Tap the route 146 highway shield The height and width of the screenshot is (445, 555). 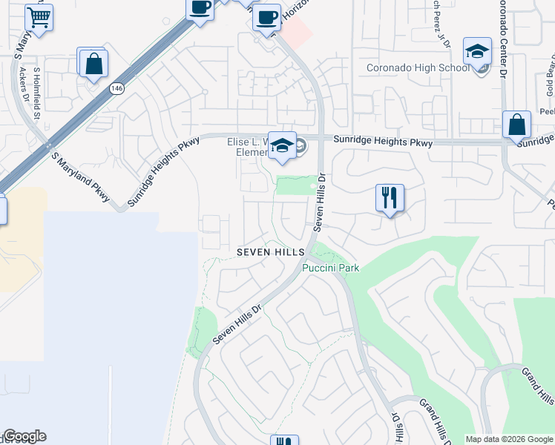tap(116, 88)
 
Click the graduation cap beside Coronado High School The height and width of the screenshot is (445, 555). tap(477, 51)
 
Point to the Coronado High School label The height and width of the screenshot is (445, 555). tap(418, 68)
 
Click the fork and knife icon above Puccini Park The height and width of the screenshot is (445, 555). tap(390, 197)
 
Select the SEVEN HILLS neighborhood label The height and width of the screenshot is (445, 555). tap(271, 253)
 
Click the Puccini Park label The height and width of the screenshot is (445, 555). tap(330, 268)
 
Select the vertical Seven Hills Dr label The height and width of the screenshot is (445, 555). tap(321, 202)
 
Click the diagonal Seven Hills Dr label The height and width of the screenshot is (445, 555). tap(237, 324)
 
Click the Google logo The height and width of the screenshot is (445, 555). tap(24, 436)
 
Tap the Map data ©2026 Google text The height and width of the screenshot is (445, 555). tap(509, 439)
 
